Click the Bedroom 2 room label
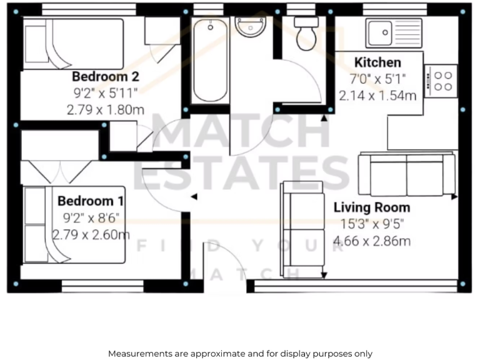click(105, 77)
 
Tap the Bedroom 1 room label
click(91, 201)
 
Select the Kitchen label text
click(377, 62)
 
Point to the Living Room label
click(371, 207)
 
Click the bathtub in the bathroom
click(210, 60)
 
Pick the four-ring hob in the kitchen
click(442, 80)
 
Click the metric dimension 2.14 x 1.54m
click(377, 96)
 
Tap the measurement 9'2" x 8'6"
click(91, 219)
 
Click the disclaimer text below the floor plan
click(240, 353)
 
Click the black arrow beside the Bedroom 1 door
click(194, 197)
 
